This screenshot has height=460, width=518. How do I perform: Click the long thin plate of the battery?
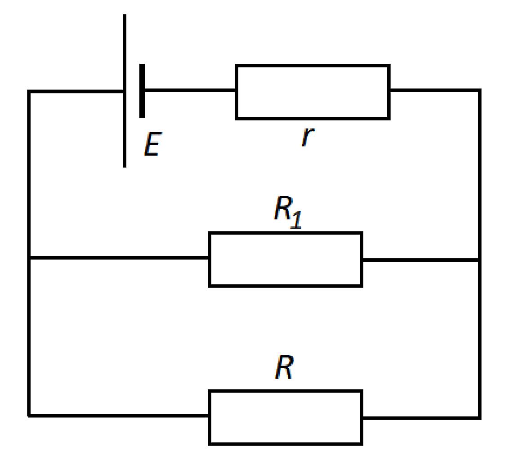(125, 91)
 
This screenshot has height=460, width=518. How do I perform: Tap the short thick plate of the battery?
(142, 91)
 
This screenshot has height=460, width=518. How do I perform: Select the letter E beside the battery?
(153, 144)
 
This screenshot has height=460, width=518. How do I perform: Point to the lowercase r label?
(308, 137)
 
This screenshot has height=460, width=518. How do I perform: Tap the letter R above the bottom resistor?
(284, 367)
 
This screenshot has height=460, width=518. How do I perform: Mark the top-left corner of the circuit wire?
(29, 91)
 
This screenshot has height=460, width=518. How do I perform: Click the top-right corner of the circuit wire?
(479, 90)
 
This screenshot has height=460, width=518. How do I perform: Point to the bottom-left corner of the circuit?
(29, 416)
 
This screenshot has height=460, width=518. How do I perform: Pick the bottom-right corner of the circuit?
(479, 418)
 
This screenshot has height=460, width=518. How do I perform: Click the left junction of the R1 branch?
(29, 258)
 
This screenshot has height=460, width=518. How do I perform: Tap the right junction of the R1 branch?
(479, 260)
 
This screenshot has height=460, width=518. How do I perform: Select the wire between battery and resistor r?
(190, 90)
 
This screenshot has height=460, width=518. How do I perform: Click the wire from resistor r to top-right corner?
(435, 90)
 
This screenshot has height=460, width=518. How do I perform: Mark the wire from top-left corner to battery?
(76, 91)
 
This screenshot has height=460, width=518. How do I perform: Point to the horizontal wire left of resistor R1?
(119, 258)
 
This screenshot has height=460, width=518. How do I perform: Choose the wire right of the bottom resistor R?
(421, 418)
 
